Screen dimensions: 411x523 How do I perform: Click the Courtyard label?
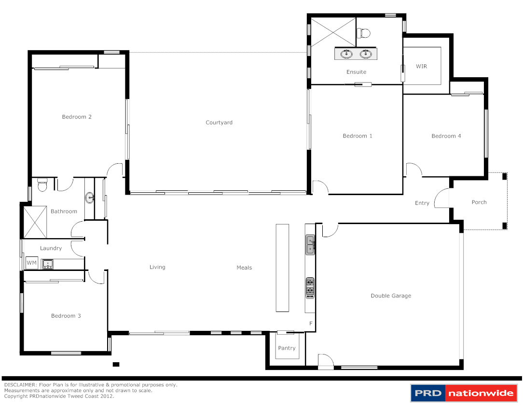[x=219, y=123]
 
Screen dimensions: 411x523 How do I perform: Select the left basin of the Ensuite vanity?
[x=346, y=54]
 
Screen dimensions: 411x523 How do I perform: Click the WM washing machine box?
[x=31, y=263]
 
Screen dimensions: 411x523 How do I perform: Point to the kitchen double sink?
[x=310, y=245]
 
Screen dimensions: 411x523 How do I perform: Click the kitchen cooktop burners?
[x=310, y=288]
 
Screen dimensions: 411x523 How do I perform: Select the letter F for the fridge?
[x=311, y=323]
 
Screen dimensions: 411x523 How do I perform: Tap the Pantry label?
[x=287, y=348]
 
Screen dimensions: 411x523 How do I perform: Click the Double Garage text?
[x=391, y=296]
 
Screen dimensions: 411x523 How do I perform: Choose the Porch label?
[x=479, y=202]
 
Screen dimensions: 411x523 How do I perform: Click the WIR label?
[x=421, y=66]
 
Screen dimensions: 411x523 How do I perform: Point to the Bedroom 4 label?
[x=446, y=136]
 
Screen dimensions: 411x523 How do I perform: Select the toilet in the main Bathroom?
[x=42, y=184]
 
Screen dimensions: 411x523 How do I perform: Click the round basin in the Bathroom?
[x=90, y=197]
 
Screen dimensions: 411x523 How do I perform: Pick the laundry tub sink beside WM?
[x=47, y=264]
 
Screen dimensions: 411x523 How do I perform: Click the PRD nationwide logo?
[x=464, y=393]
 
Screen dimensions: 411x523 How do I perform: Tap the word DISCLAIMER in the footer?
[x=20, y=385]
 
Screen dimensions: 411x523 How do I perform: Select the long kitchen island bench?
[x=282, y=268]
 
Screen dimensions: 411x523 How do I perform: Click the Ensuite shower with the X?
[x=333, y=32]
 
